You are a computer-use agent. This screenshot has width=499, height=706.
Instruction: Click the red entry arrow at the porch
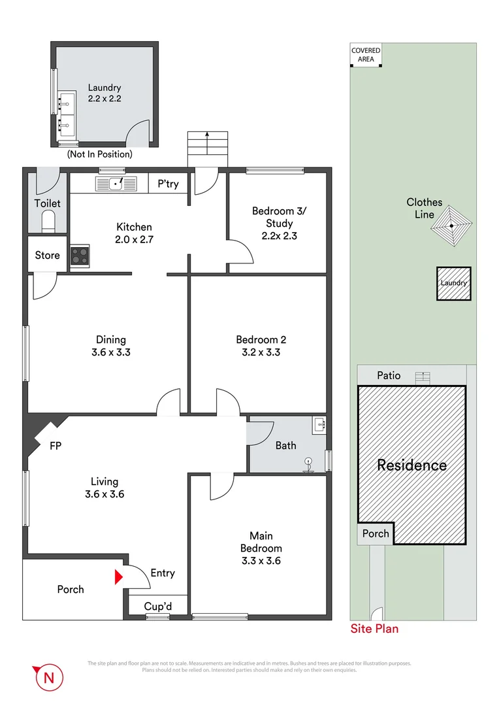tap(118, 577)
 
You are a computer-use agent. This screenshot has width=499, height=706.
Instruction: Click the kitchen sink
tap(110, 184)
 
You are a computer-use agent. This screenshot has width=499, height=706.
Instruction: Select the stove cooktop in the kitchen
tap(80, 256)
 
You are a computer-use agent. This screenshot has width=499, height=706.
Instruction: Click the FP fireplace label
tap(57, 447)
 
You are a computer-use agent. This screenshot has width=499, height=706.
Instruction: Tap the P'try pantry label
tap(168, 184)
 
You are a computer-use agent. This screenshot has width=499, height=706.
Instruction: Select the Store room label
tap(47, 256)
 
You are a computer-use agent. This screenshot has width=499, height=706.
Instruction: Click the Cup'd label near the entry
tap(157, 607)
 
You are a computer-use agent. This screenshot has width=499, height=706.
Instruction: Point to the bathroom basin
tap(319, 424)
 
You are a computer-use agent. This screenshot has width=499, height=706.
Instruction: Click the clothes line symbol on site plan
tap(452, 227)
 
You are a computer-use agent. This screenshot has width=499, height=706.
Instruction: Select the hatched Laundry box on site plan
tap(453, 283)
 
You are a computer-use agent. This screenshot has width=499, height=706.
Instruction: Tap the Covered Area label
tap(366, 55)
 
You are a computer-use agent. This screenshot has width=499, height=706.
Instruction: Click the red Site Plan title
tap(374, 629)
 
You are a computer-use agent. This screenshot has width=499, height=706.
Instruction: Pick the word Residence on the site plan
tap(411, 465)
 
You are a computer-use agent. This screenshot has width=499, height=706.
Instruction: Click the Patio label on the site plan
tap(389, 376)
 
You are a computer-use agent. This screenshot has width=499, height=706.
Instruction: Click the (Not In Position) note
tap(99, 154)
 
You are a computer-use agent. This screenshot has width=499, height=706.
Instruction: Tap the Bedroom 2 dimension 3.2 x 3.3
tap(261, 352)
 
